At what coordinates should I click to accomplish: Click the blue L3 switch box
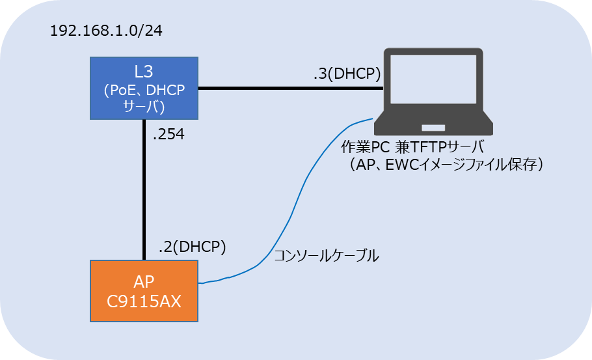(144, 89)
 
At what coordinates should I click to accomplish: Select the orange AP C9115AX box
(144, 292)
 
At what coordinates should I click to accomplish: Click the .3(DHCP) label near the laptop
(346, 74)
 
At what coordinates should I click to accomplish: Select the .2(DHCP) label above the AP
(192, 247)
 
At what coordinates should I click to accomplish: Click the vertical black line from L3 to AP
(144, 189)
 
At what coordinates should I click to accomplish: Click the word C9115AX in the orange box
(144, 303)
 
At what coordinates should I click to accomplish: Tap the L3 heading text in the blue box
(144, 72)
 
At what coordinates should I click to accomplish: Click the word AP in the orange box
(144, 283)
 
